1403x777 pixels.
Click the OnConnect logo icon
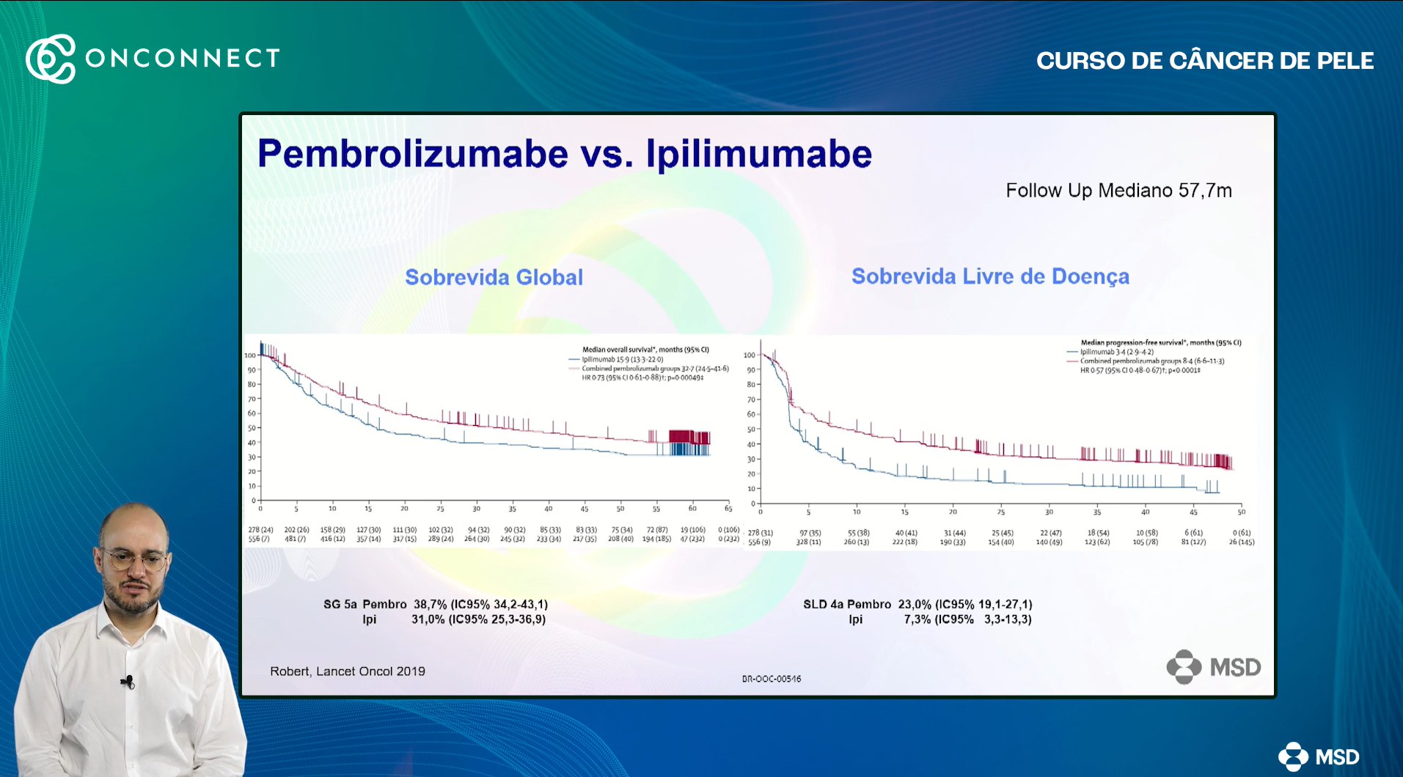click(x=51, y=59)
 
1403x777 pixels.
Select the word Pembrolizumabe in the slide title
click(x=412, y=154)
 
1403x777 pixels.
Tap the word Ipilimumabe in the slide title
click(x=758, y=154)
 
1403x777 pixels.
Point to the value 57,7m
click(x=1205, y=191)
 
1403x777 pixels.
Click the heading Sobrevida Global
click(x=494, y=277)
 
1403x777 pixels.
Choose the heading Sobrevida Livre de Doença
click(x=989, y=276)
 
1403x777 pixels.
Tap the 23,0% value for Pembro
click(x=915, y=605)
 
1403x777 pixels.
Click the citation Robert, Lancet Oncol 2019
click(x=347, y=671)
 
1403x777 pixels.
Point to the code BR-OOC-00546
click(x=771, y=679)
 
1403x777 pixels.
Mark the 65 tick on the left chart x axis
click(x=728, y=509)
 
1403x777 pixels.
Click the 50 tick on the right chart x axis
click(x=1241, y=512)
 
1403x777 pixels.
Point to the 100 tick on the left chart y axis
click(x=250, y=356)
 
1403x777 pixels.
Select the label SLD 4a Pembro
click(x=846, y=605)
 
